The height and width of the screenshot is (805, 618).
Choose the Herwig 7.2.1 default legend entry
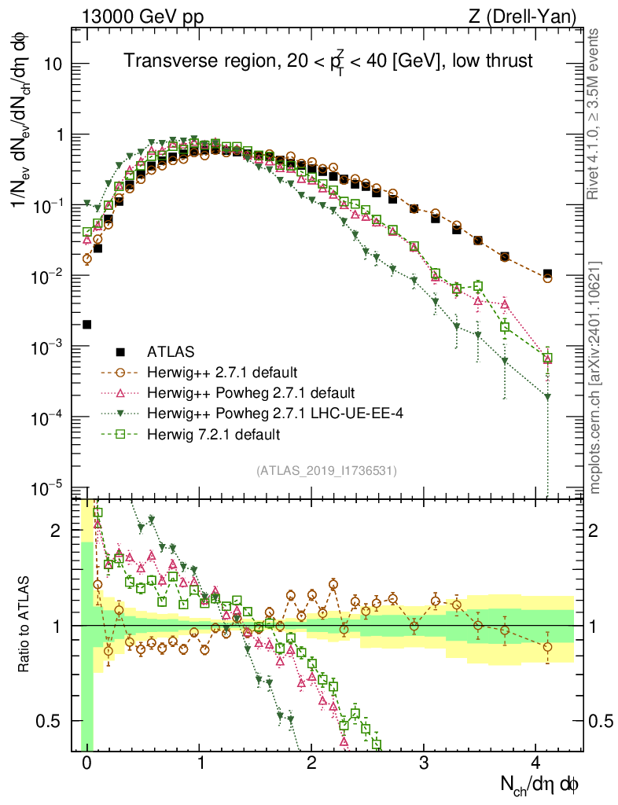coord(214,433)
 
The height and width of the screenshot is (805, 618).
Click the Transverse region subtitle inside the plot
coord(329,62)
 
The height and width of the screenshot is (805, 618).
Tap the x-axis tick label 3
coord(424,763)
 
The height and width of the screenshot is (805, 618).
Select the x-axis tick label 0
coord(86,763)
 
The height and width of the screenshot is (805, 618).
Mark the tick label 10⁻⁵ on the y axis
coord(48,488)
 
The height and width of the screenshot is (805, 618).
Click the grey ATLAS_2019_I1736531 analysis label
coord(326,470)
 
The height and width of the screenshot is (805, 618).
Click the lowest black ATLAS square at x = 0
coord(86,324)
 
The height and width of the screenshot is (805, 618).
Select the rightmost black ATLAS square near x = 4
coord(547,274)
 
